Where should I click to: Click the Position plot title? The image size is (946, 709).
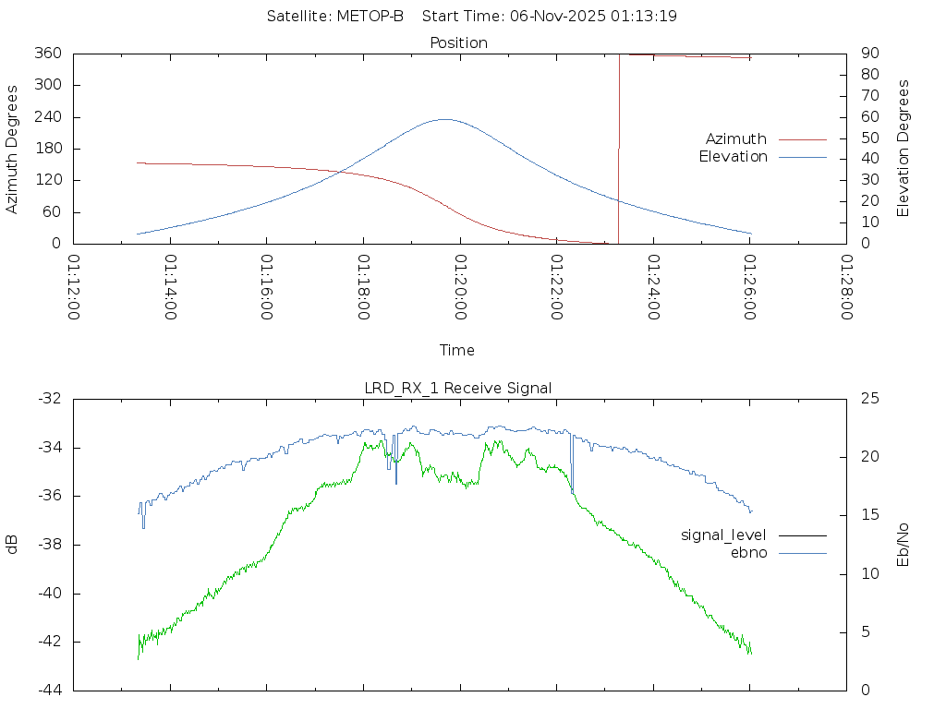tap(459, 42)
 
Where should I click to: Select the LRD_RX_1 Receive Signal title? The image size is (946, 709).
tap(458, 388)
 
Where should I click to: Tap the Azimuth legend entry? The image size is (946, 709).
tap(736, 138)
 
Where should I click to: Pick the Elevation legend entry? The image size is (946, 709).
tap(733, 157)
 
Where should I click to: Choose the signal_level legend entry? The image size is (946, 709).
tap(723, 535)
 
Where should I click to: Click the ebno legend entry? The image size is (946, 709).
tap(749, 553)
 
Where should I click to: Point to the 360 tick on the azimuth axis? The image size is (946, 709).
tap(47, 54)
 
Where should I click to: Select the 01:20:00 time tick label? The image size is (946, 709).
tap(460, 287)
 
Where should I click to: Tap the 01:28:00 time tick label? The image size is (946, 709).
tap(846, 287)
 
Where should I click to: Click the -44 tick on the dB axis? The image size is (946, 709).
tap(49, 690)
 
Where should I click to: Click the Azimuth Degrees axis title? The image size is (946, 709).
tap(13, 149)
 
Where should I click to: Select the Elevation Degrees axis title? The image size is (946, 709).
tap(904, 149)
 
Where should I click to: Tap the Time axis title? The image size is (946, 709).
tap(457, 350)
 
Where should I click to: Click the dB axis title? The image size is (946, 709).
tap(13, 545)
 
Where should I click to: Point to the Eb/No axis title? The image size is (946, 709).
tap(904, 545)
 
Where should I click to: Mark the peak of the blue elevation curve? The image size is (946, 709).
tap(444, 119)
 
